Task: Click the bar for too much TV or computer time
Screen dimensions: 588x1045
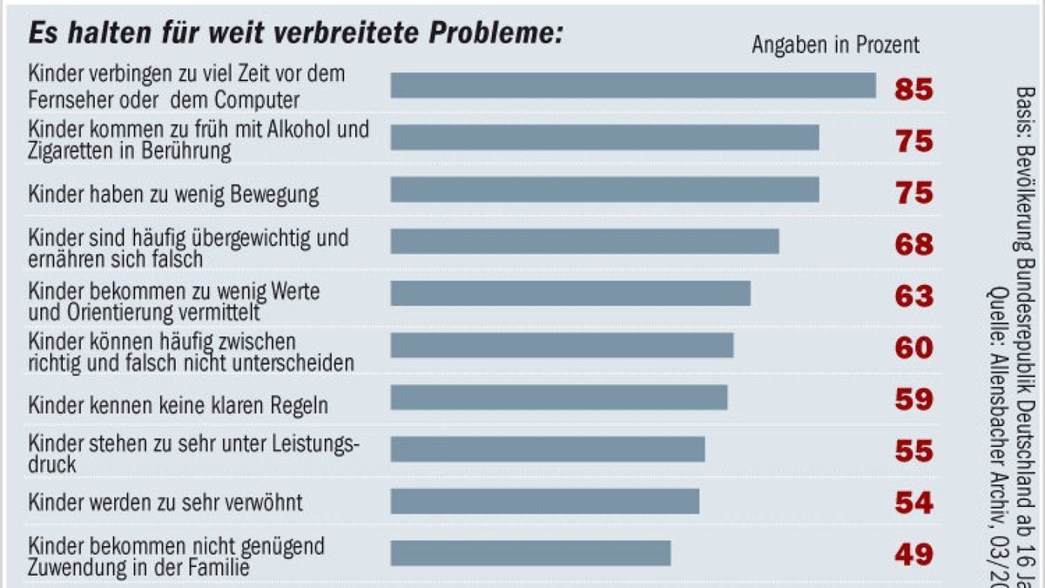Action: [632, 85]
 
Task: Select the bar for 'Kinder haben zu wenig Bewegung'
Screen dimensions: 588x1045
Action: [604, 190]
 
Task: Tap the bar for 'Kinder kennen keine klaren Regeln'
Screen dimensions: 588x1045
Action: [558, 397]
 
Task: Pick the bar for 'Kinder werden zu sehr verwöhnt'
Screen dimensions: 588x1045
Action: [544, 501]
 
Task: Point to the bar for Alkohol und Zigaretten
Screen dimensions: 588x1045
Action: [604, 138]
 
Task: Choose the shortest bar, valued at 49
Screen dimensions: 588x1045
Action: [530, 553]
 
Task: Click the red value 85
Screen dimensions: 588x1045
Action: [914, 89]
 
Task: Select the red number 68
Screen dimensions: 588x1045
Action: [914, 245]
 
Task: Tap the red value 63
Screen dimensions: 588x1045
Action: [914, 296]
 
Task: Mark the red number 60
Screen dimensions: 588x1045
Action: [914, 348]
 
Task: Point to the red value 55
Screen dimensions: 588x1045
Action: [914, 451]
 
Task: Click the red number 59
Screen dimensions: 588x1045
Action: [914, 400]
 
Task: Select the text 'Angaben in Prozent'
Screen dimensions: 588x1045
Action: [835, 45]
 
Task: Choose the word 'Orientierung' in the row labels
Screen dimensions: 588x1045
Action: [117, 310]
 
